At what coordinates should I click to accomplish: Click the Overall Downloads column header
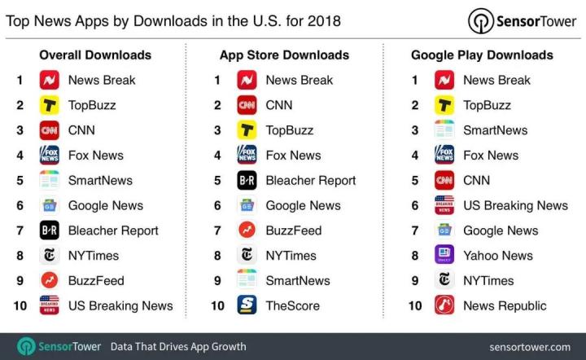(95, 55)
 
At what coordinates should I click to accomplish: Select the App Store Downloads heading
(284, 55)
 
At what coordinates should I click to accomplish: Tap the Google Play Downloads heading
(482, 55)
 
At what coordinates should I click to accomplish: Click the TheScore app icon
(247, 305)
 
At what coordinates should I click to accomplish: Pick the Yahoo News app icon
(444, 255)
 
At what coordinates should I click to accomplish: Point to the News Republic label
(505, 305)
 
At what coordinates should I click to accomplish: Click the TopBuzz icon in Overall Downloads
(49, 105)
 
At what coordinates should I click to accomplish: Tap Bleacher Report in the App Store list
(310, 180)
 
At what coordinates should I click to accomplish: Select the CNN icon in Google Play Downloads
(444, 180)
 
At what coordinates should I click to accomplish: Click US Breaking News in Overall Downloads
(120, 305)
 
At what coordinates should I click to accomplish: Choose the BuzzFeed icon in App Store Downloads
(247, 230)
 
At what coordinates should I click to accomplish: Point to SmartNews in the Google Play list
(495, 130)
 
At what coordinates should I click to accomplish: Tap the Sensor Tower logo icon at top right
(481, 21)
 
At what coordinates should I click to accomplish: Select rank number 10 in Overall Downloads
(20, 305)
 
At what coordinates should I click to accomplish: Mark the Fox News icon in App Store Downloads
(247, 155)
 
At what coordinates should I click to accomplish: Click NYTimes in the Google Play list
(488, 280)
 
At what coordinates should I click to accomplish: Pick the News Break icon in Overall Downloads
(49, 80)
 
